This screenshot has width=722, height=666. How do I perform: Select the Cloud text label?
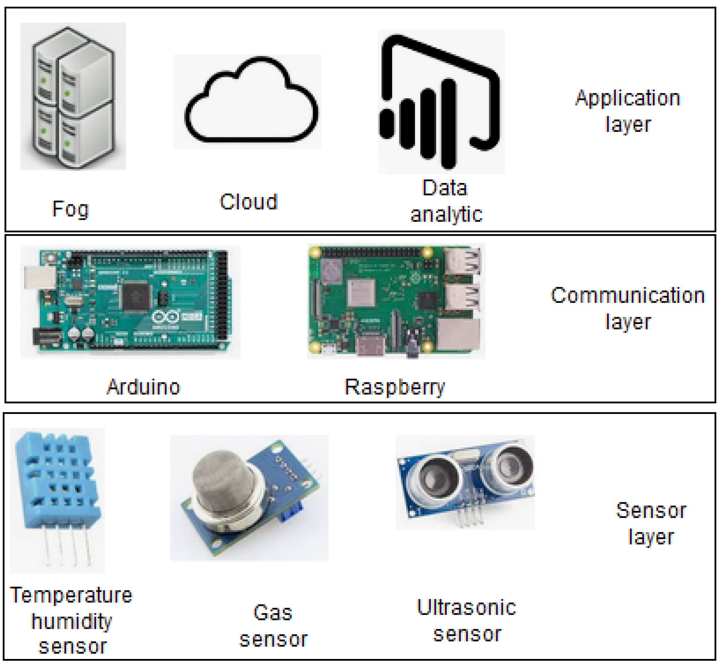[x=249, y=202]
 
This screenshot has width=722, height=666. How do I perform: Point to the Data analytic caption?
[x=446, y=201]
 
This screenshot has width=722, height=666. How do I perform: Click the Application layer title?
[x=628, y=111]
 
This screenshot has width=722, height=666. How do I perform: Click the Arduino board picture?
[x=130, y=302]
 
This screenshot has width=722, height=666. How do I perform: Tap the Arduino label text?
[x=143, y=387]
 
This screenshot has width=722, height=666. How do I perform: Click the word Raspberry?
[x=395, y=387]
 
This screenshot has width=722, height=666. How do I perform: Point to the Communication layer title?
[x=628, y=308]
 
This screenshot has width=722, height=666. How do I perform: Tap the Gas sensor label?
[x=273, y=626]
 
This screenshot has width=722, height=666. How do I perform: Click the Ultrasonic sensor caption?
[x=467, y=621]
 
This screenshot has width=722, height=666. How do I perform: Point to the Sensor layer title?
[x=651, y=523]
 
